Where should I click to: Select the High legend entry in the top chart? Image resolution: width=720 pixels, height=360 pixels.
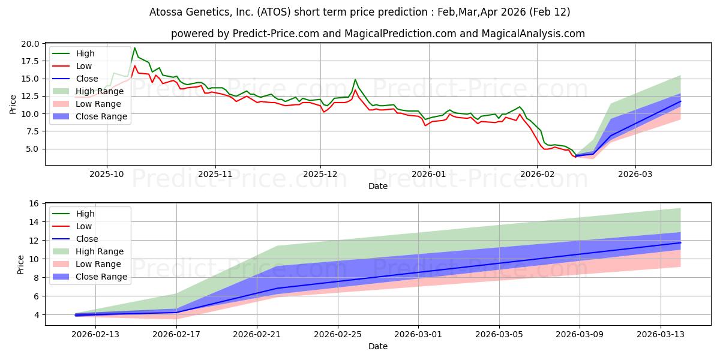click(x=85, y=53)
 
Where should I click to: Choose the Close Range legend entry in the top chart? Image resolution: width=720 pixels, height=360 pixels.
click(x=101, y=116)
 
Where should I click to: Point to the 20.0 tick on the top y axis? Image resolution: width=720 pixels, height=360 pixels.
click(x=30, y=44)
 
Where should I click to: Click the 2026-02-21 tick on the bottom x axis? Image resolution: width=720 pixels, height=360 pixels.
click(x=257, y=334)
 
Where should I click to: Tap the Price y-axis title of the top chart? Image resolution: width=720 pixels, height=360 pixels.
click(x=13, y=104)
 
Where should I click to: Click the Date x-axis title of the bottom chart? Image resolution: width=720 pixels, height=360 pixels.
click(x=378, y=346)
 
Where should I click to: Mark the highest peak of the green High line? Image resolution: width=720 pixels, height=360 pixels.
click(x=134, y=48)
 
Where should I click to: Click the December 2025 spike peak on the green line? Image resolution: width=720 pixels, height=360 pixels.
click(x=355, y=79)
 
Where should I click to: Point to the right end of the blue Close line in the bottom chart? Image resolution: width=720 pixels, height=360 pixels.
click(x=680, y=242)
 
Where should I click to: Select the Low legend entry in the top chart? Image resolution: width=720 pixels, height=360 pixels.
click(x=84, y=66)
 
